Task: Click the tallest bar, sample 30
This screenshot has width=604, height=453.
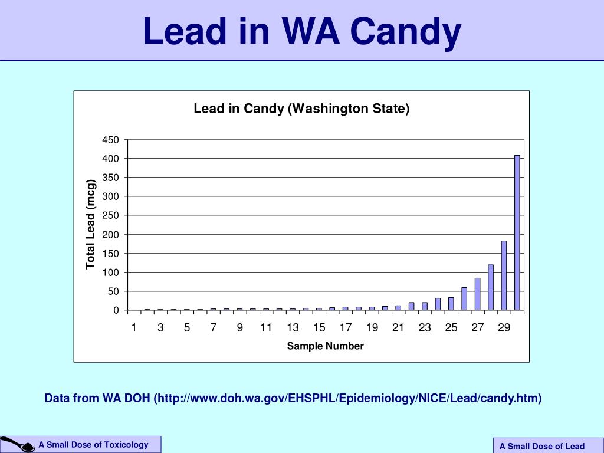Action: pos(517,233)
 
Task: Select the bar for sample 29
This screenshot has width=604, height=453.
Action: pos(504,275)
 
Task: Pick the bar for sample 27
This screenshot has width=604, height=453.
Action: pos(477,294)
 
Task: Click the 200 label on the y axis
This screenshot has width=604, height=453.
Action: pos(111,235)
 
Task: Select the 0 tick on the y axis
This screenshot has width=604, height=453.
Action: pos(116,310)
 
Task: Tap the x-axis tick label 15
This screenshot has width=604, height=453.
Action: pos(319,329)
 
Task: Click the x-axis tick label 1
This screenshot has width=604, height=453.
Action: pos(134,329)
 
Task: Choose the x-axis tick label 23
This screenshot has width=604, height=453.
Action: pos(425,329)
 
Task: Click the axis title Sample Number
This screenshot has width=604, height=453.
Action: pos(325,346)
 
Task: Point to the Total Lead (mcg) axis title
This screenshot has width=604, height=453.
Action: pos(90,224)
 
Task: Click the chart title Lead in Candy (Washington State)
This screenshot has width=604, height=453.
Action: pos(301,109)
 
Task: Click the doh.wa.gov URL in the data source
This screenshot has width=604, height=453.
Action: pos(348,399)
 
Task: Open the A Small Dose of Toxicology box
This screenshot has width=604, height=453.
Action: pos(94,445)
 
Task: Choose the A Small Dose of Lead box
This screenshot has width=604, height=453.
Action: pos(541,446)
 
